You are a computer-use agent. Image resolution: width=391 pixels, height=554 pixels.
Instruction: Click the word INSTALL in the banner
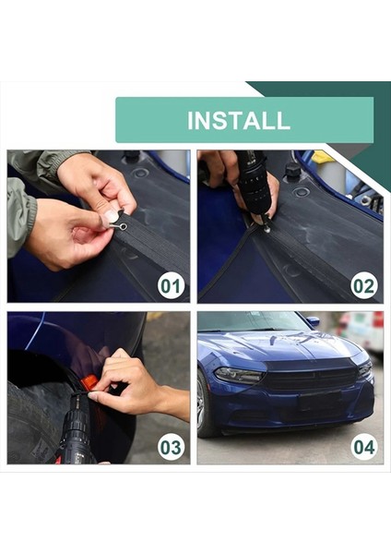coord(238,120)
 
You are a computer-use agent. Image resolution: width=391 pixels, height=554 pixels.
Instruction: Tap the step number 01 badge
coord(171,285)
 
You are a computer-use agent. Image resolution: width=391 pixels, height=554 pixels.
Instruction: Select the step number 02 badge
coord(363,285)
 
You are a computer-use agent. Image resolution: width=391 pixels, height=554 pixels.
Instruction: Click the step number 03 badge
coord(171,448)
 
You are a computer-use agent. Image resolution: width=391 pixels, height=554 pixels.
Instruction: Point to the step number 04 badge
coord(363,448)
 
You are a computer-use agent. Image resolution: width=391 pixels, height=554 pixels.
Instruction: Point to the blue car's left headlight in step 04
coord(238,376)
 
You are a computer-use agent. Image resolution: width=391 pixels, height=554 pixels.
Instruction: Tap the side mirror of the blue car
coord(313,322)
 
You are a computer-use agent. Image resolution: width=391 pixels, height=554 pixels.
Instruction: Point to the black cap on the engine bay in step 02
coord(293,171)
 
